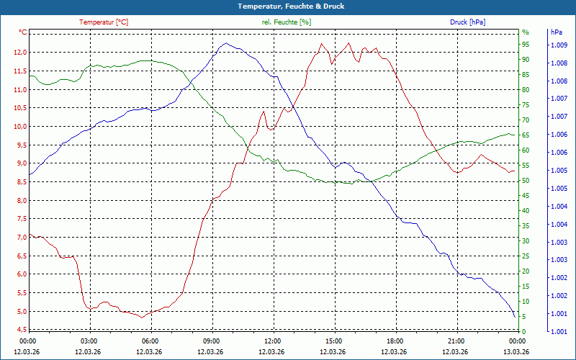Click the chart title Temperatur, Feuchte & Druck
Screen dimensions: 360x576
coord(287,6)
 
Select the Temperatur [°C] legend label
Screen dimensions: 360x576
coord(104,22)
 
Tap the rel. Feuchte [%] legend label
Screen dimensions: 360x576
coord(287,22)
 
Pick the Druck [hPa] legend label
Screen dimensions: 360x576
coord(467,22)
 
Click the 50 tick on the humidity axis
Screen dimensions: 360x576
coord(526,181)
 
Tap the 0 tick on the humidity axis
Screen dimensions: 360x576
coord(523,331)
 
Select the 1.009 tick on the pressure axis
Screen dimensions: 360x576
coord(559,45)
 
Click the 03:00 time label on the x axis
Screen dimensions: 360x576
coord(89,341)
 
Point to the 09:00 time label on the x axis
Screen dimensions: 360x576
coord(211,341)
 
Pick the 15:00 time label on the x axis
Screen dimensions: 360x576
coord(333,341)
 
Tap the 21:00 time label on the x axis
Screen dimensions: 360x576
coord(456,341)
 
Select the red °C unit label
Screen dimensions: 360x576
coord(23,32)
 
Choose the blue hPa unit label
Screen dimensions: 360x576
coord(557,32)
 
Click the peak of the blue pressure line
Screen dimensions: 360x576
coord(225,43)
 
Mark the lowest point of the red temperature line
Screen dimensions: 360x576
coord(143,317)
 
